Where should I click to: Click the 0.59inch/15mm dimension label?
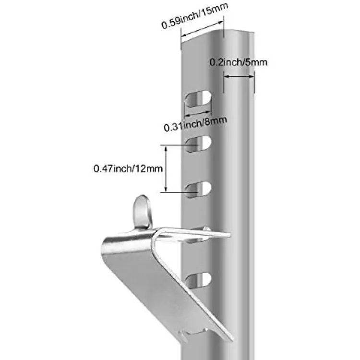pos(195,16)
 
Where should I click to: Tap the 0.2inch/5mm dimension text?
pos(239,62)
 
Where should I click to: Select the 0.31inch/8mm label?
pos(195,124)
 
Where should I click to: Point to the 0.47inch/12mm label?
pos(128,169)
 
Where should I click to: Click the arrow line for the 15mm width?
pos(202,29)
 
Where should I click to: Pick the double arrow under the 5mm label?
pos(239,76)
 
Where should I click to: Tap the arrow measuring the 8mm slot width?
pos(198,113)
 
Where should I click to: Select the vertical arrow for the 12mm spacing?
pos(166,169)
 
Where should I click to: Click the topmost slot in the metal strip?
pos(198,99)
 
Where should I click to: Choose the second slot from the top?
pos(198,144)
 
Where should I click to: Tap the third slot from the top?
pos(198,190)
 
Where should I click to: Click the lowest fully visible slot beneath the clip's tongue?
pos(198,280)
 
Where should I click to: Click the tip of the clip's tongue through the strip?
pos(229,235)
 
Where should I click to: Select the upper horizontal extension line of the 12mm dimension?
pos(179,145)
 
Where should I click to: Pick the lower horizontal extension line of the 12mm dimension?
pos(179,192)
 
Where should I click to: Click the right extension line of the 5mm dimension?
pos(254,82)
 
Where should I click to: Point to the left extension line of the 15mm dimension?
pos(181,38)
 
